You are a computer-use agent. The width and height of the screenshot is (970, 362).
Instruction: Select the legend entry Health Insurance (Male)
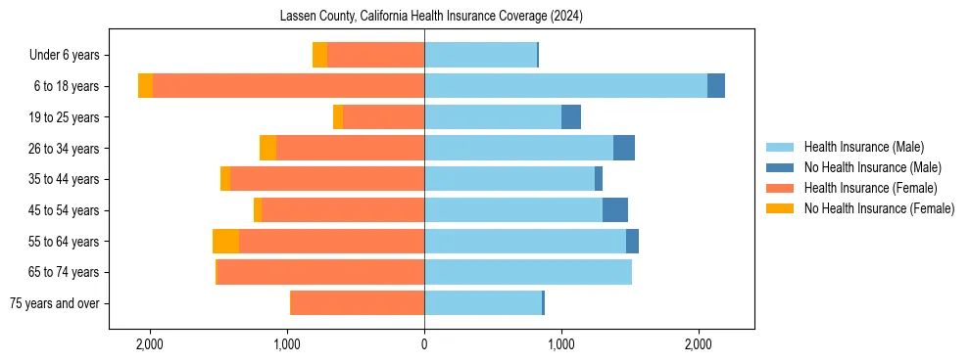[863, 147]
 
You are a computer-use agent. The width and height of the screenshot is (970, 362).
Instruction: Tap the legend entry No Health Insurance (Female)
[879, 208]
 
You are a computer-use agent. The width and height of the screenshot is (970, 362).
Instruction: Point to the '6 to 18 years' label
[67, 86]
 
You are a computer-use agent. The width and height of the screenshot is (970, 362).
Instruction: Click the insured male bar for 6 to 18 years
[565, 86]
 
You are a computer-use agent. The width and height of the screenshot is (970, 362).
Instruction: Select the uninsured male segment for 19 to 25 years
[571, 117]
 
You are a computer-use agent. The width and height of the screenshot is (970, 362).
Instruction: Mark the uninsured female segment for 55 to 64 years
[225, 242]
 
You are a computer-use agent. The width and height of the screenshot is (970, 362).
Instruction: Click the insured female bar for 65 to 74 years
[320, 272]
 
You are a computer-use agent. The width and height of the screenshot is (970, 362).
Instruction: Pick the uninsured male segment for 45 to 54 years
[615, 210]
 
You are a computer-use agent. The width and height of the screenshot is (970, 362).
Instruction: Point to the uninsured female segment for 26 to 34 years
[267, 148]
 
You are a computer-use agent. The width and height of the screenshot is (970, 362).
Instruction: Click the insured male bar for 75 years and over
[483, 303]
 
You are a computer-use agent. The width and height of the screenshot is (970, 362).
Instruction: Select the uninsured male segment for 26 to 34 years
[624, 148]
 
